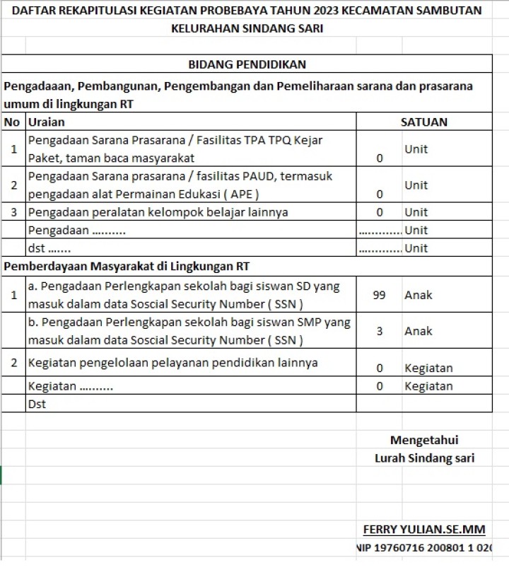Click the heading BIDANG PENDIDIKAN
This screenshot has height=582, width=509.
click(247, 64)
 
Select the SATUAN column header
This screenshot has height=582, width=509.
click(423, 122)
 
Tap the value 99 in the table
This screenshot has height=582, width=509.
click(379, 295)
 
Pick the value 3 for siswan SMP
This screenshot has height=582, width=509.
click(379, 330)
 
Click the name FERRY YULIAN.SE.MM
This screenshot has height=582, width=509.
click(424, 530)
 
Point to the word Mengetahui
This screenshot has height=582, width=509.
click(424, 440)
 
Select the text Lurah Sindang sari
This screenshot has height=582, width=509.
click(424, 458)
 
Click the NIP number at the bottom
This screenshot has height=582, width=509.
click(424, 547)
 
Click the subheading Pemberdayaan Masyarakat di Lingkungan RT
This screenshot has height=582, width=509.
click(127, 267)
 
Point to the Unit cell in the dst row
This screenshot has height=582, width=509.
click(416, 248)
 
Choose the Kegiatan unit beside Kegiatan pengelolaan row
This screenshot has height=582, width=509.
click(428, 368)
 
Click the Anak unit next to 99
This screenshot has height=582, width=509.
click(418, 295)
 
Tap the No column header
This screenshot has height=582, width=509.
click(11, 122)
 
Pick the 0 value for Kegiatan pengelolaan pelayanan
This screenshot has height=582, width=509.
click(379, 368)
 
